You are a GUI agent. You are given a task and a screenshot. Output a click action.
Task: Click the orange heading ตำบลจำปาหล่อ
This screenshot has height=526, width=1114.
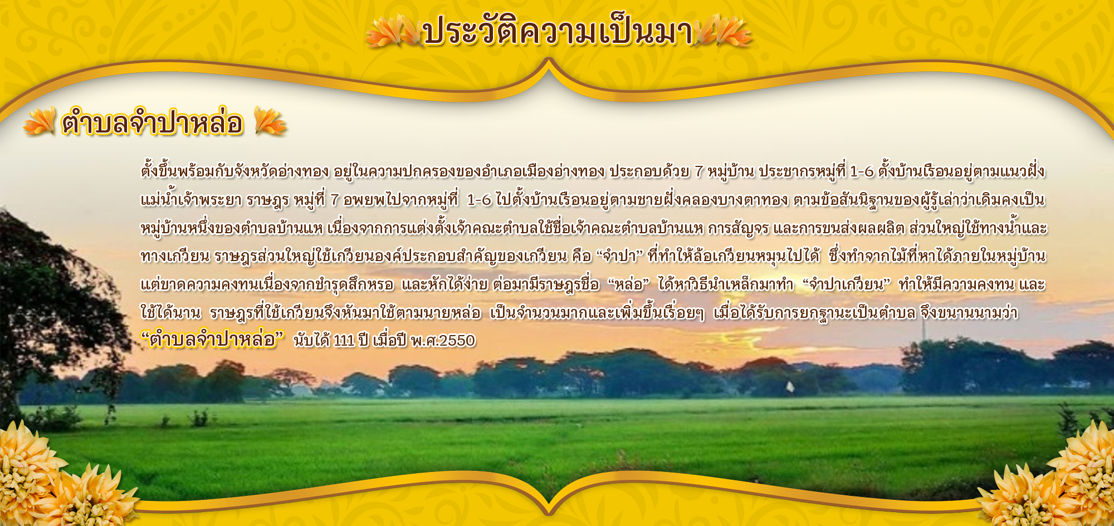pyautogui.click(x=153, y=122)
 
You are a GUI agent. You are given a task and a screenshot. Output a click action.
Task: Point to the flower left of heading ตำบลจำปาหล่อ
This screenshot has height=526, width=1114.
pyautogui.click(x=40, y=121)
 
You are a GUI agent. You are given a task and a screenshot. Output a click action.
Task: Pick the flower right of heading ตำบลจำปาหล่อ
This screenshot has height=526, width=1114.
pyautogui.click(x=270, y=121)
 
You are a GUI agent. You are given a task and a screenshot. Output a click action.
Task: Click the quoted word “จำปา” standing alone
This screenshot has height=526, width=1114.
pyautogui.click(x=619, y=256)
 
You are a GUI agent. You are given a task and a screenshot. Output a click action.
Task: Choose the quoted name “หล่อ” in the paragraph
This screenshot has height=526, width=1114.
pyautogui.click(x=628, y=284)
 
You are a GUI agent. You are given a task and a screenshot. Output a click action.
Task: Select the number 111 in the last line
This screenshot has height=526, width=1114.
pyautogui.click(x=344, y=340)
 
